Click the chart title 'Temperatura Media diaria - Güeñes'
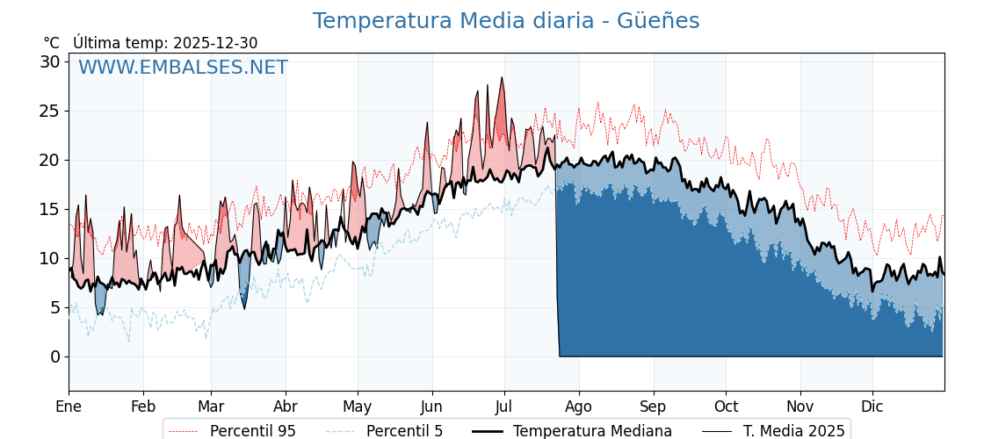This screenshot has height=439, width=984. pos(506,21)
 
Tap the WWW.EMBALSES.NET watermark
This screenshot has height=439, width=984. pos(183,68)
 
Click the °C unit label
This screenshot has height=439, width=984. pos(52,43)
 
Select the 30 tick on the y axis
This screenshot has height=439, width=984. pos(49,61)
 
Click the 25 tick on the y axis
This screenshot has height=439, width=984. pos(49,111)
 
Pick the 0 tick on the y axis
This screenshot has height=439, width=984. pos(54,356)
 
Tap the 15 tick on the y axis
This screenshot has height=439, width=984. pos(49,209)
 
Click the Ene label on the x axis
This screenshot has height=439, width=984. pos(69,407)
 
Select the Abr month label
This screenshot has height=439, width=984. pos(286,407)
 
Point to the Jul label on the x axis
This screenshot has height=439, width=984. pos(504,407)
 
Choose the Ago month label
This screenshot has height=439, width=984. pos(579,407)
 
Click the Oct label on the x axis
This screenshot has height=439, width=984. pos(726,407)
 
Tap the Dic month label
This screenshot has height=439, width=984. pos(872,407)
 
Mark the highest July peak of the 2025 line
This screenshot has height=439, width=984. pos(502,77)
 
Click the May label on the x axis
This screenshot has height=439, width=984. pos(358,407)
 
